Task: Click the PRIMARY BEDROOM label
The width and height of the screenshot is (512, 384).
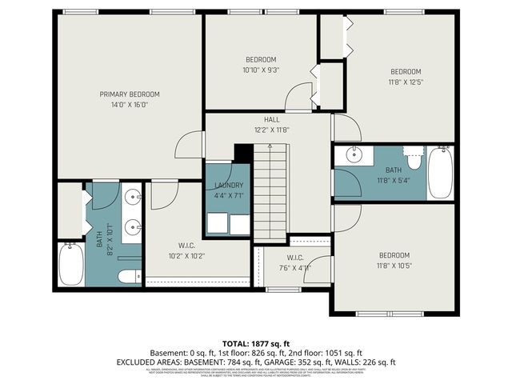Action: (129, 94)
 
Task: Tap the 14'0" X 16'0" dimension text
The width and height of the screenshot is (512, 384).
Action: (129, 104)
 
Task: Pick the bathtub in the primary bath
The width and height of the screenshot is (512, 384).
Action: (70, 264)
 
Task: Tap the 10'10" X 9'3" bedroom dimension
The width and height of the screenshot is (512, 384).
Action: (261, 70)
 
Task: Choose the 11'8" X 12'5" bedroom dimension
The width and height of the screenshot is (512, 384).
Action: (406, 82)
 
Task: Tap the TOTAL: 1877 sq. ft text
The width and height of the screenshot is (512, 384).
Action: (256, 342)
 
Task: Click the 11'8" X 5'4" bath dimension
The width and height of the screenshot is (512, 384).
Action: (394, 181)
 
